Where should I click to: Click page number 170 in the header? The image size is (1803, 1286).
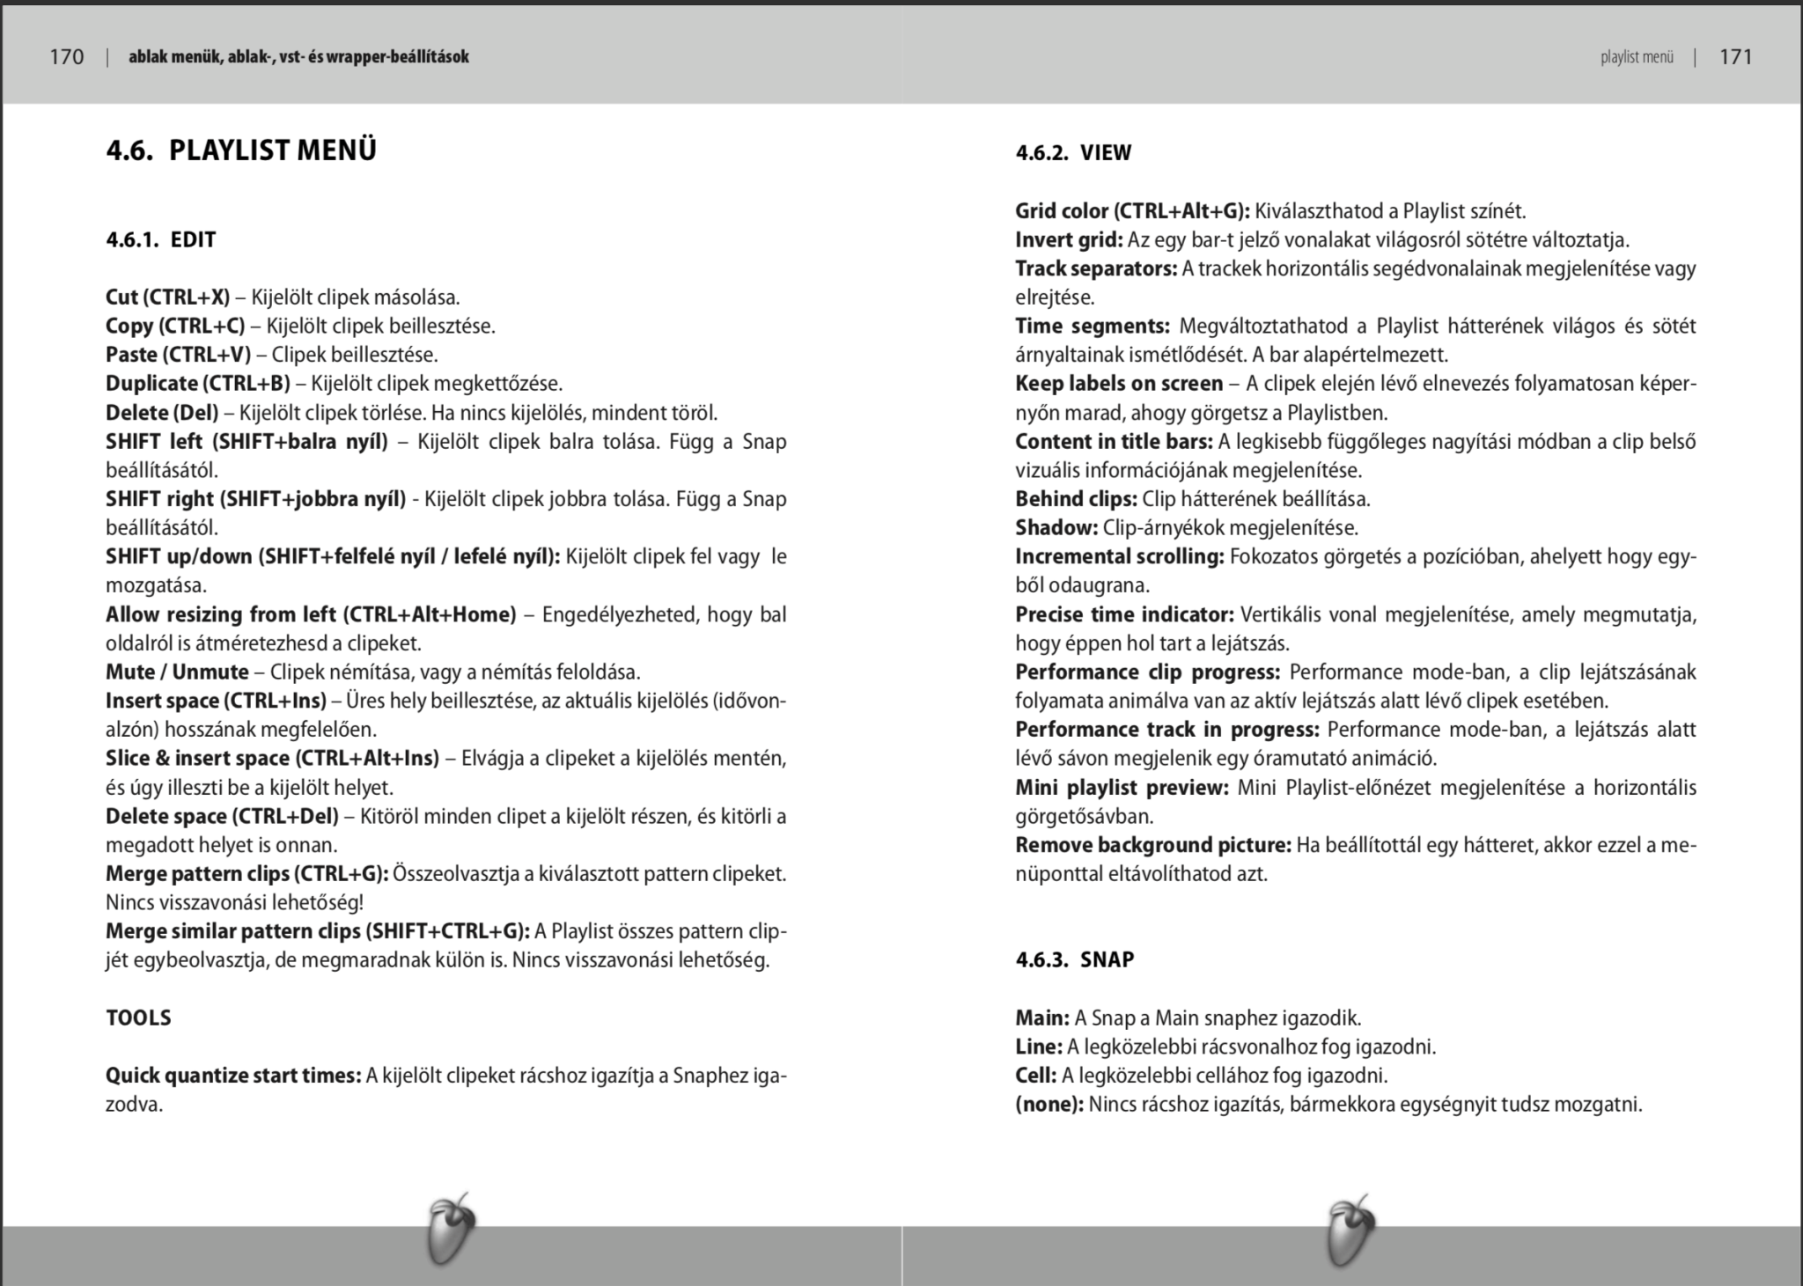click(67, 57)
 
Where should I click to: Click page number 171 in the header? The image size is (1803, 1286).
click(1735, 57)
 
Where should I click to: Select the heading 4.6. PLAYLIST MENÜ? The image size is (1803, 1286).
click(241, 151)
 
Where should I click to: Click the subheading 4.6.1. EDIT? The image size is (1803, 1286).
click(161, 240)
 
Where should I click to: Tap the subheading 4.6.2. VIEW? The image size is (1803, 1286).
click(1073, 153)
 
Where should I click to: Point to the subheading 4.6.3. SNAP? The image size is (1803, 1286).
click(1074, 959)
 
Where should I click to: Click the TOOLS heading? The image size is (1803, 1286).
click(138, 1018)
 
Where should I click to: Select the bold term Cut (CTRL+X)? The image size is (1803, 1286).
click(167, 298)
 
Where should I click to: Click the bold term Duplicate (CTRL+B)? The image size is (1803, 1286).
click(197, 384)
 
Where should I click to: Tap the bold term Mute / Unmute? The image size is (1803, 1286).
click(177, 672)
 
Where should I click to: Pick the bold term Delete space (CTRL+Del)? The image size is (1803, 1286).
click(222, 817)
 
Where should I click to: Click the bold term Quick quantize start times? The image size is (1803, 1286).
click(233, 1076)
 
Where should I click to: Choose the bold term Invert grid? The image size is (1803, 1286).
click(1069, 240)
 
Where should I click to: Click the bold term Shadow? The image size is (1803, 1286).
click(1056, 528)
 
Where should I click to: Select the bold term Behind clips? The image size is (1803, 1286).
click(1076, 499)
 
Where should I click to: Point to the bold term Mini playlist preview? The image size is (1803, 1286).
click(1121, 788)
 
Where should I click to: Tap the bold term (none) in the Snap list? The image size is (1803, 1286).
click(1049, 1105)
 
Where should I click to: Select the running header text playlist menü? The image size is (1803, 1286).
click(1637, 58)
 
